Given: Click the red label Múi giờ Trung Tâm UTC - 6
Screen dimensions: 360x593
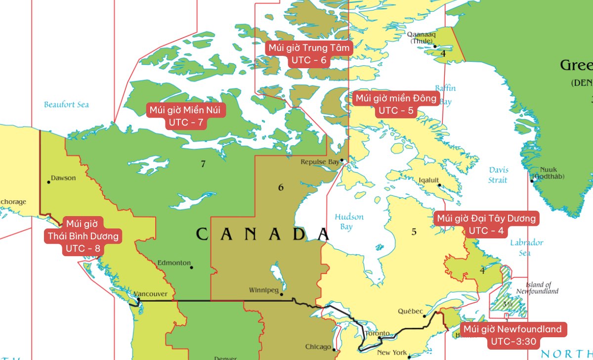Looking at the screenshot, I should coord(309,54).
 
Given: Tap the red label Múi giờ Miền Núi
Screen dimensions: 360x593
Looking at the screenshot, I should coord(185,116).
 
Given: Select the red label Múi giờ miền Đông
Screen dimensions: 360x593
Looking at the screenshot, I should coord(396,104).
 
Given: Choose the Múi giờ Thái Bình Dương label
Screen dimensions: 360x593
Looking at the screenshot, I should coord(83,236).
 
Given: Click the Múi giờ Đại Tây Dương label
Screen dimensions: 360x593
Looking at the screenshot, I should coord(486,224).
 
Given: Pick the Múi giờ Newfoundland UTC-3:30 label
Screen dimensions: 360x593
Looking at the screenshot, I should coord(511,335).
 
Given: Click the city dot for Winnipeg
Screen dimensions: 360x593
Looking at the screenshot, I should coord(281,295).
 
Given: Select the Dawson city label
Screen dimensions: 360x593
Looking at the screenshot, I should coord(63,178).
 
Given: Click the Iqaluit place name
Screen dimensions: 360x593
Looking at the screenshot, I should coord(428,180).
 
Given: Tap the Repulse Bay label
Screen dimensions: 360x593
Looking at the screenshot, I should coord(320,162).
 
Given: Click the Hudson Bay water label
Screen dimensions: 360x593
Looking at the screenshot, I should coord(349,222).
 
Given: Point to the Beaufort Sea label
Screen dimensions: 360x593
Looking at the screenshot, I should coord(66,104).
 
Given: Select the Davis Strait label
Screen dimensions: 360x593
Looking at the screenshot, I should coord(498,175).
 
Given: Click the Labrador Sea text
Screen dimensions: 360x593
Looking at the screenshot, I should coord(526,247).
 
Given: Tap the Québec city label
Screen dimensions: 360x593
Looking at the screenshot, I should coord(410,312).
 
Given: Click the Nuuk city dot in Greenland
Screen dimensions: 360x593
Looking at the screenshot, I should coord(532,180).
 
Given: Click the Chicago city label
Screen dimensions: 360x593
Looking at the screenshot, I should coord(318,347).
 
